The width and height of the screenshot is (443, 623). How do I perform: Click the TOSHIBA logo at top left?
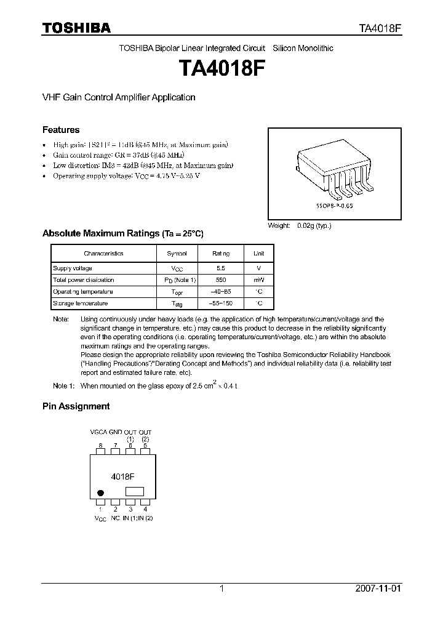point(76,28)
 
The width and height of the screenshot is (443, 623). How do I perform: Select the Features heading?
point(61,130)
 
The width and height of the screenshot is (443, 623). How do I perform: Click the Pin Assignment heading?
point(76,406)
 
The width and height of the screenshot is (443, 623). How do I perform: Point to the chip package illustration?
point(335,169)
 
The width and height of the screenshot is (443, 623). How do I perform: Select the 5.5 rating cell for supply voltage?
point(221,268)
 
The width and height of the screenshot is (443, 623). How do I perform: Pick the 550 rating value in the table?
point(221,280)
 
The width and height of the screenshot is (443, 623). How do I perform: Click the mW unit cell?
point(259,280)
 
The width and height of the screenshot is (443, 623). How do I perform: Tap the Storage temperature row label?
point(81,303)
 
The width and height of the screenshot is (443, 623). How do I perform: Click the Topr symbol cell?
point(177,292)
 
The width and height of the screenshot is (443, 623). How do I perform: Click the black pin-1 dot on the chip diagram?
point(101,492)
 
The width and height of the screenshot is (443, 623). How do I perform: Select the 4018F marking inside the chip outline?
point(123,476)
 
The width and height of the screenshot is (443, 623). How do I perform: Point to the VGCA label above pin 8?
point(98,433)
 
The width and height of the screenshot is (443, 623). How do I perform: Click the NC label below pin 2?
point(115,518)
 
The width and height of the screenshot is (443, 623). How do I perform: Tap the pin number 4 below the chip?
point(145,509)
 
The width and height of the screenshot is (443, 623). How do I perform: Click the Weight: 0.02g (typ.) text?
point(299,226)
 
